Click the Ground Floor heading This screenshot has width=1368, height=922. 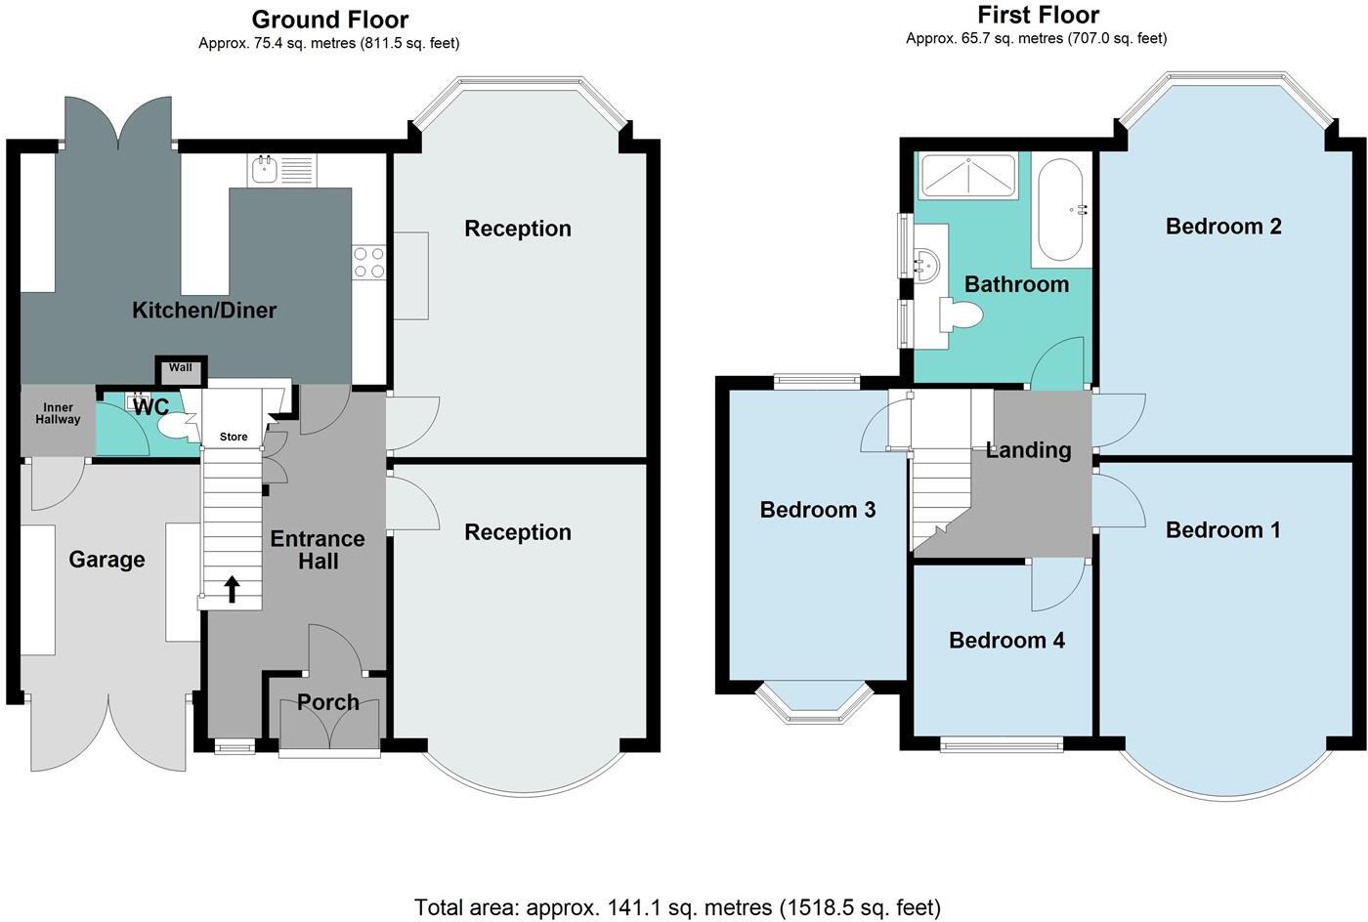[329, 20]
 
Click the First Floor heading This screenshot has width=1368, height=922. [1038, 15]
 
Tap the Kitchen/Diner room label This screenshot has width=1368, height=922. [204, 311]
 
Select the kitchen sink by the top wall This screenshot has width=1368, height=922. [281, 171]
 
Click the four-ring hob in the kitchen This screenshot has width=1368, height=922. [369, 262]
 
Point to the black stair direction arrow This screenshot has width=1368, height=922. [232, 589]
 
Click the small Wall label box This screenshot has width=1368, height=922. [181, 368]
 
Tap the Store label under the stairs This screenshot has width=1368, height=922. [234, 437]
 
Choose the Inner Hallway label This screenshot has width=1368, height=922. [59, 413]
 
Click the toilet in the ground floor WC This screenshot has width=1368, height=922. [177, 426]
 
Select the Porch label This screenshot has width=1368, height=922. [328, 702]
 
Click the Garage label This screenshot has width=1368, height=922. [107, 560]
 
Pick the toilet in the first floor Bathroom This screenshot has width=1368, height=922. [962, 315]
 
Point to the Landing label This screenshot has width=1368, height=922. [1028, 450]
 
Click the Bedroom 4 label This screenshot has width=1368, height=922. [1006, 641]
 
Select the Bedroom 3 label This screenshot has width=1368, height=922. [818, 510]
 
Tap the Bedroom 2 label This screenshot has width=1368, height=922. [1223, 227]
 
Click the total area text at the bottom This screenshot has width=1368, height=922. [677, 907]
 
